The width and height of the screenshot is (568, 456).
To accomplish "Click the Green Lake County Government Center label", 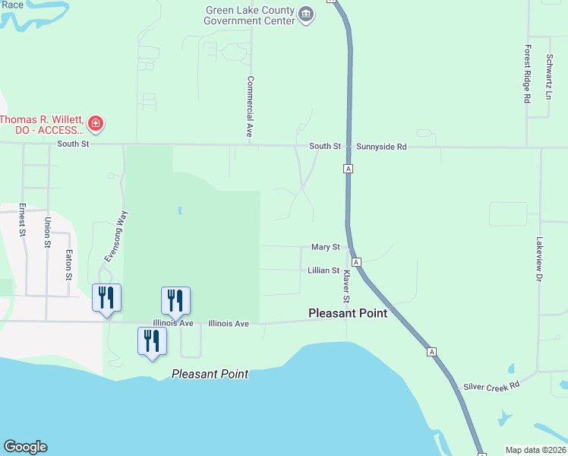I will (x=248, y=15).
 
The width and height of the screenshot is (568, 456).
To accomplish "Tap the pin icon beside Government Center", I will (x=306, y=14).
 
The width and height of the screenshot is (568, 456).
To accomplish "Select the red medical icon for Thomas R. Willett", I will (x=96, y=122).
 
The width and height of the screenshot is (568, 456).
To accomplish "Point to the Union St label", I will (x=47, y=233).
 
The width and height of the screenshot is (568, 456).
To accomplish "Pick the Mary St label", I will (x=325, y=247).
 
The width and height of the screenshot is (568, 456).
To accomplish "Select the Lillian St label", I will (x=323, y=270).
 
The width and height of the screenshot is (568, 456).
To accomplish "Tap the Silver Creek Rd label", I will (x=494, y=385).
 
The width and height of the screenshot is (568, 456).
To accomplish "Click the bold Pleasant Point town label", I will (x=348, y=313).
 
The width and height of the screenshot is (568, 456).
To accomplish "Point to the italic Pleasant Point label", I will (x=210, y=374).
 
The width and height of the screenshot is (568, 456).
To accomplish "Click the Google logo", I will (x=25, y=447).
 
